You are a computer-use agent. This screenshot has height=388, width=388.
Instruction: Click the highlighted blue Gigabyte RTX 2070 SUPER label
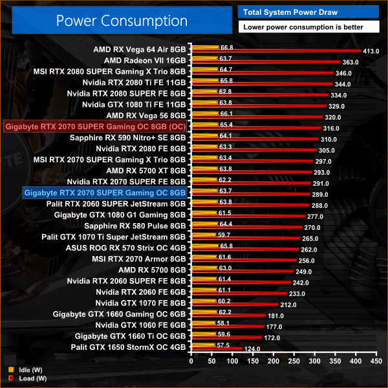pyautogui.click(x=105, y=192)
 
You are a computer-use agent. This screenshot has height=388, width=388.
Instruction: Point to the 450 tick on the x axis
pyautogui.click(x=375, y=362)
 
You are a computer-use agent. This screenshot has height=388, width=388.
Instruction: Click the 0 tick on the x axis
pyautogui.click(x=191, y=362)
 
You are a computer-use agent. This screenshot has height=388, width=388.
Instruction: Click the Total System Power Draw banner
pyautogui.click(x=308, y=12)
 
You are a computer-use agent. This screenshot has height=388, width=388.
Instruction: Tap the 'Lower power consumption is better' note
pyautogui.click(x=308, y=27)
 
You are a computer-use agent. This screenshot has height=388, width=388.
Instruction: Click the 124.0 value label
pyautogui.click(x=252, y=350)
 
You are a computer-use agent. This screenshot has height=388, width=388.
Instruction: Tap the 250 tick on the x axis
pyautogui.click(x=294, y=362)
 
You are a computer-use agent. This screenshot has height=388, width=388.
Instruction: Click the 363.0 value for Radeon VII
pyautogui.click(x=350, y=63)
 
